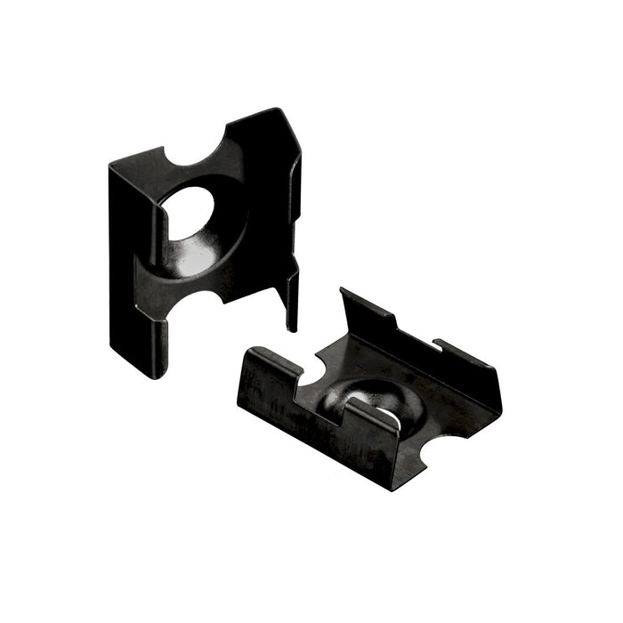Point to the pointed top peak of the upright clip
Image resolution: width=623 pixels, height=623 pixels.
[278, 112]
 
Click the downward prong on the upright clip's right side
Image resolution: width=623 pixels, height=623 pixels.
[292, 303]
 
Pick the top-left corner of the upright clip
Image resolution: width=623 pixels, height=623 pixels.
[112, 166]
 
